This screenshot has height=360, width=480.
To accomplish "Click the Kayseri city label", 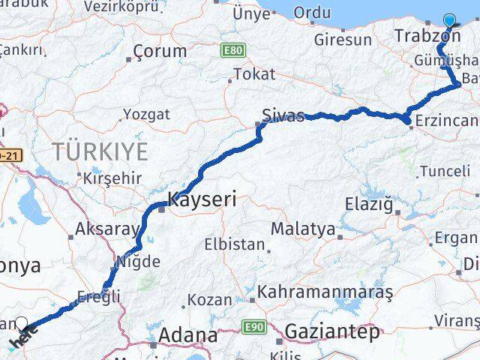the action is [x=202, y=199].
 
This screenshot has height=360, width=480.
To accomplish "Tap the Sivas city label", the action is [x=283, y=115].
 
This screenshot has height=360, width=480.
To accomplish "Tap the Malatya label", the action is [x=302, y=229].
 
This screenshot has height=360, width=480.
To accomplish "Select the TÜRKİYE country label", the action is [x=100, y=152].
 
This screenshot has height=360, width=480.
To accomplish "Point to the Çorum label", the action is [x=159, y=52].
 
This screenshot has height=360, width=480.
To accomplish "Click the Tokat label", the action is [x=254, y=74].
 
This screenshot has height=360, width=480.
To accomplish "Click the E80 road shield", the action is [x=232, y=49].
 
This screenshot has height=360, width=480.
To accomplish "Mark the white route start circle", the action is [x=22, y=325].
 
